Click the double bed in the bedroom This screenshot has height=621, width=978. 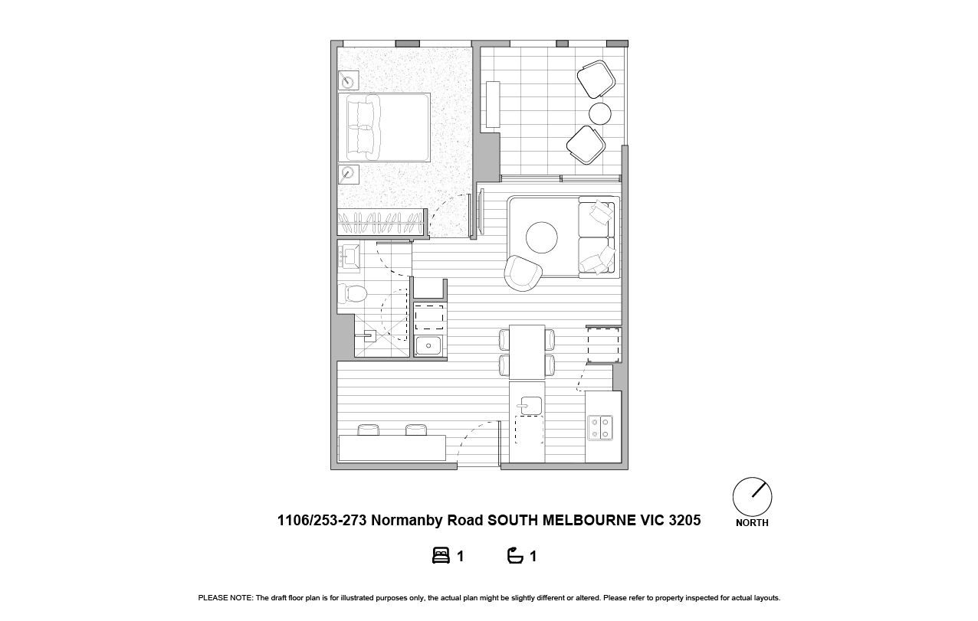pos(384,128)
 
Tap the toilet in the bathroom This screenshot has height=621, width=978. pos(353,293)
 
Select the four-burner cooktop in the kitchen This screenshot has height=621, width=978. pos(600,428)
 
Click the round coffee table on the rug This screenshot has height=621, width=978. pos(541,237)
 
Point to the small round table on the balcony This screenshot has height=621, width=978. pos(600,113)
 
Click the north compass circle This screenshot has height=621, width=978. pos(752,497)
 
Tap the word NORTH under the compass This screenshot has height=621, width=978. pos(752,523)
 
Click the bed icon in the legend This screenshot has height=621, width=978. pos(441,556)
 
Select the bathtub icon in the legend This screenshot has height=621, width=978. pos(515,556)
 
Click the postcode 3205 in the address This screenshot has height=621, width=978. pos(684,520)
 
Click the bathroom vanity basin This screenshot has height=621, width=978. pos(350,257)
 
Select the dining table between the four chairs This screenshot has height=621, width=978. pos(527,352)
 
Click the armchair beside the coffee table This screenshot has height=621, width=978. pos(523,273)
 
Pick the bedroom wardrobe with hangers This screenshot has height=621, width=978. pos(381,222)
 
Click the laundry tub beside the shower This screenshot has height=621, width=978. pos(428,346)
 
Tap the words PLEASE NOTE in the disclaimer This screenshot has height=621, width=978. pos(225,598)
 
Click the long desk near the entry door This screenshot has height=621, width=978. pos(392,447)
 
